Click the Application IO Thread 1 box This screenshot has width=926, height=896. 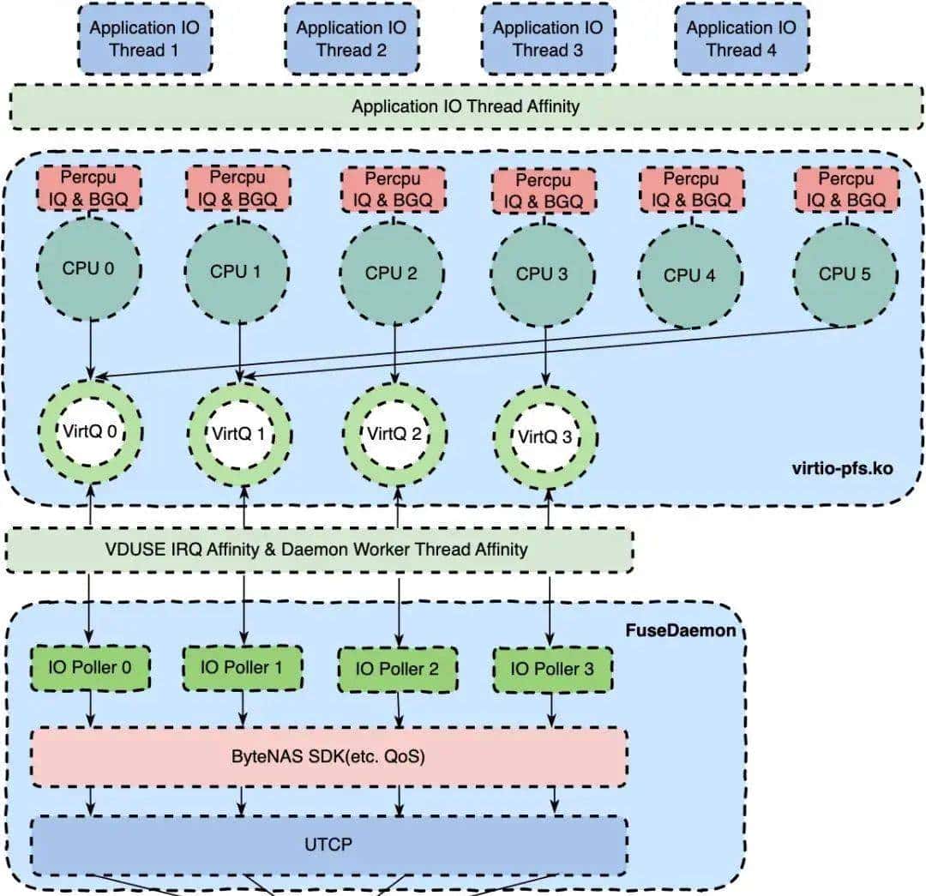click(144, 39)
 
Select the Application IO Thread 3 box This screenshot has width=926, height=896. click(547, 39)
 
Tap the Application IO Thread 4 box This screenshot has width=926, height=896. click(741, 39)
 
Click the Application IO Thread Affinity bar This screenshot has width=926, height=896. click(466, 106)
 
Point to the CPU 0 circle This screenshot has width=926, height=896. click(88, 268)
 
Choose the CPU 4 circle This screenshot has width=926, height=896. click(689, 275)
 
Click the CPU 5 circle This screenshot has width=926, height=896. click(845, 274)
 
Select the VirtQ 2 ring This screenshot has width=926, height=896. click(394, 433)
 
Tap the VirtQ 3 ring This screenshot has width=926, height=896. click(546, 436)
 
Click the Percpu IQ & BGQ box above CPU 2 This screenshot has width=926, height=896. click(394, 189)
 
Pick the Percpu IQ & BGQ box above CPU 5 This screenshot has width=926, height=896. click(846, 189)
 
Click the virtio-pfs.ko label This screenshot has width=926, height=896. click(843, 468)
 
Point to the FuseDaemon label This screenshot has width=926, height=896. click(681, 630)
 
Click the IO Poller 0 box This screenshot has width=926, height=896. click(89, 667)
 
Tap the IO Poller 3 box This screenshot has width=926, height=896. click(552, 669)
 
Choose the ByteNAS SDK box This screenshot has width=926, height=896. click(329, 757)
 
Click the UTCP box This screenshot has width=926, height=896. click(328, 844)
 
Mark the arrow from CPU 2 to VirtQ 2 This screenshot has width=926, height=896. click(394, 352)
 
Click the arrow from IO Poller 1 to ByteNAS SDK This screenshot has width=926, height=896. click(244, 708)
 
